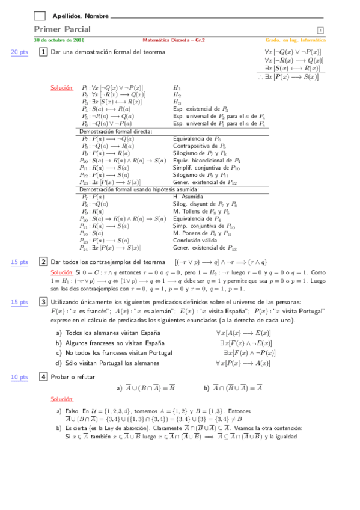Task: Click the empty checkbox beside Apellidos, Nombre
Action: coord(40,16)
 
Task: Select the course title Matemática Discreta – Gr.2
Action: coord(174,40)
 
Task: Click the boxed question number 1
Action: coord(43,52)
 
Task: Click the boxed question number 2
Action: coord(43,262)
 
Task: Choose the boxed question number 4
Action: coord(43,377)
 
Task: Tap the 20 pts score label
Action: coord(20,52)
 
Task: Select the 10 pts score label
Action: coord(20,377)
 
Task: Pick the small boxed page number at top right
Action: coord(320,31)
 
